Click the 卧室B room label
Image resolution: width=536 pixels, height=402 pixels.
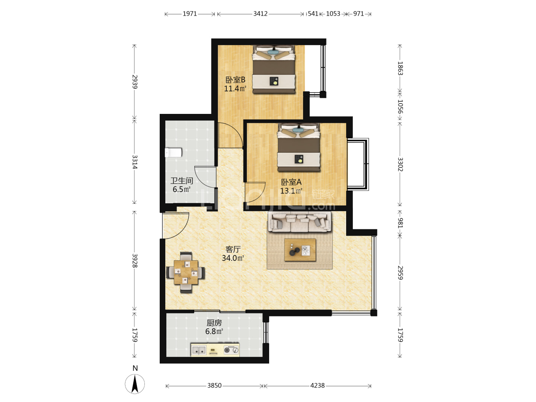tap(235, 80)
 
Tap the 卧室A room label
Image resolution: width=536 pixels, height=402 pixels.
tap(291, 182)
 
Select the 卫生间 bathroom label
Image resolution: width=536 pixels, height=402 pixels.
tap(182, 181)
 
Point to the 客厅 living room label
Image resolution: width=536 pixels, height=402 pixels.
tap(233, 249)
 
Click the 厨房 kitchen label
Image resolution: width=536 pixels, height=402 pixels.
tap(214, 323)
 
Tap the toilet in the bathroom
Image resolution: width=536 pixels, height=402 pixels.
tap(173, 153)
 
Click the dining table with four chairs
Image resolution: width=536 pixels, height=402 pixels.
tap(186, 272)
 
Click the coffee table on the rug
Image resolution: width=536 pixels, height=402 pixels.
tap(300, 250)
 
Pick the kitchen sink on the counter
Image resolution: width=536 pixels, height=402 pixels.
tap(199, 350)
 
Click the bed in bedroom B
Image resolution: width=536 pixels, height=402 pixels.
tap(274, 69)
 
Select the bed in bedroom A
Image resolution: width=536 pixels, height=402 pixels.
tap(299, 147)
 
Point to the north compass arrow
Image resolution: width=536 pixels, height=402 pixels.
tap(135, 384)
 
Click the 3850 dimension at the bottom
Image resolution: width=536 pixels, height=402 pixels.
tap(214, 385)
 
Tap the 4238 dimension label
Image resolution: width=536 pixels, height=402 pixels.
tap(318, 385)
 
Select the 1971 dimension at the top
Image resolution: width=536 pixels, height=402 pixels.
tap(190, 14)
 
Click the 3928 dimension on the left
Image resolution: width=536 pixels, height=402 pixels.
tap(135, 261)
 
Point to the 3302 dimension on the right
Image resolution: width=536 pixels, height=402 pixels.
tap(400, 165)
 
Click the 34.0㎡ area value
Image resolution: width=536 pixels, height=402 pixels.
tap(233, 258)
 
